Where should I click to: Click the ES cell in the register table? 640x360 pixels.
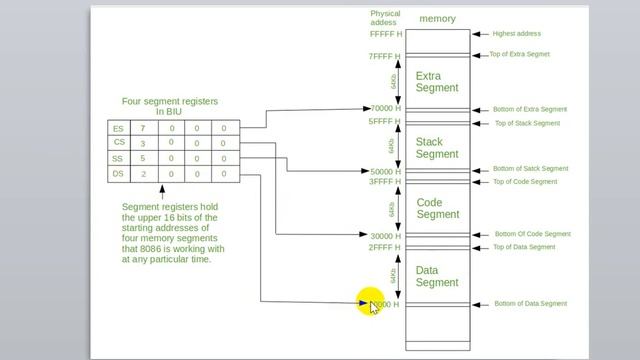[119, 128]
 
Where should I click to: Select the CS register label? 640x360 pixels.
[119, 143]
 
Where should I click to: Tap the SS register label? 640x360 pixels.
[119, 158]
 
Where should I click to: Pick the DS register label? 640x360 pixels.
[119, 173]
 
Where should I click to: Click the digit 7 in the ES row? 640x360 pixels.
[143, 128]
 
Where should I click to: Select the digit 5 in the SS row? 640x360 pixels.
[143, 158]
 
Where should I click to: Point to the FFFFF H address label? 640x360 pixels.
[385, 34]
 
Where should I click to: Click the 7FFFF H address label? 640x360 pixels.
[385, 57]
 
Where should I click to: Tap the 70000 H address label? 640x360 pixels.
[385, 109]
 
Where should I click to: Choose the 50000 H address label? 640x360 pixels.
[385, 172]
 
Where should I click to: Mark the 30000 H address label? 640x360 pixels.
[385, 236]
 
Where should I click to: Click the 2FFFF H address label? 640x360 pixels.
[385, 247]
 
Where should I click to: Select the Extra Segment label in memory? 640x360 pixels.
[436, 82]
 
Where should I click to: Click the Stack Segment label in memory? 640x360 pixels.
[436, 148]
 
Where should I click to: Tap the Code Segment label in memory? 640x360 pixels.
[437, 208]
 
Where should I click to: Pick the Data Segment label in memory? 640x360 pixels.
[437, 276]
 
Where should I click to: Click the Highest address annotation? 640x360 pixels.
[516, 34]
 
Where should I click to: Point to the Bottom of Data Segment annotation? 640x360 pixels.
[530, 303]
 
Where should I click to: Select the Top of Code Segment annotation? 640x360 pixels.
[524, 182]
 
